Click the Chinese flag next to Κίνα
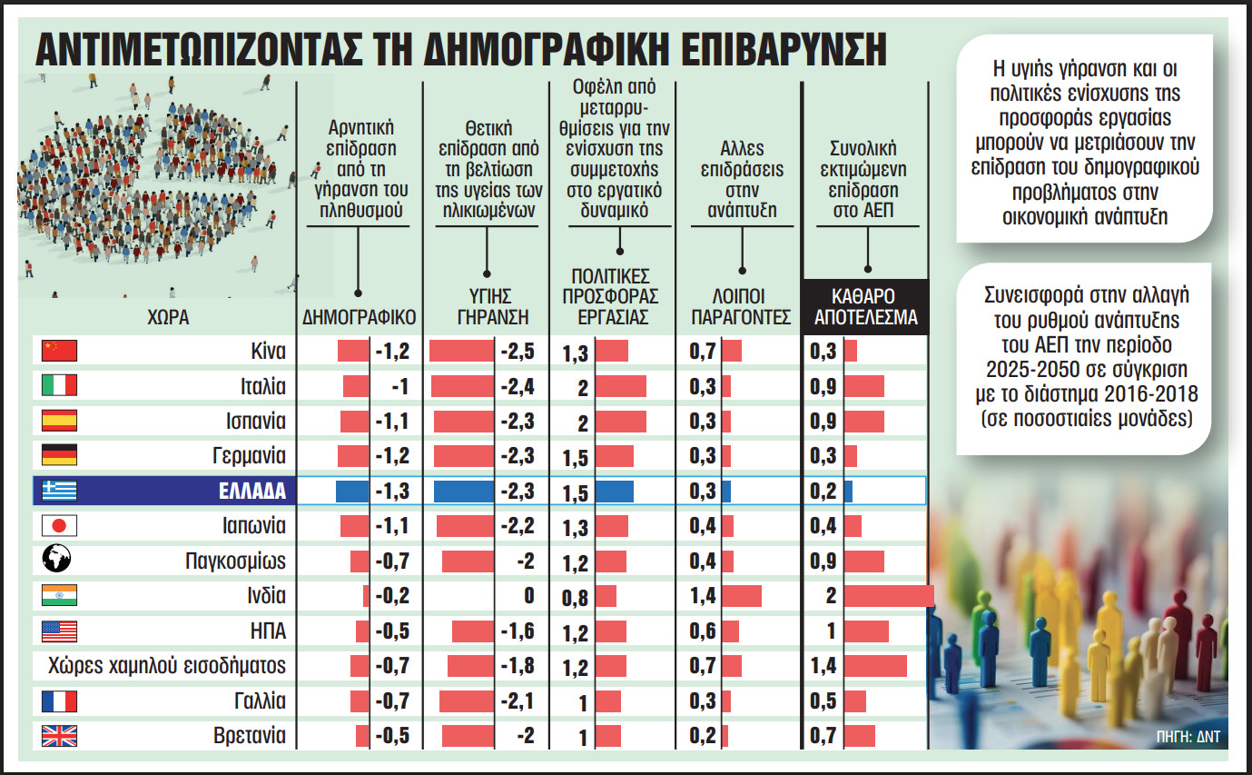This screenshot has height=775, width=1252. coord(60,351)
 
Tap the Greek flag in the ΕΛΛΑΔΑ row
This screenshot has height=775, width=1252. coord(60,491)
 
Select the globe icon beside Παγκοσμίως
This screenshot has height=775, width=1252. coord(60,561)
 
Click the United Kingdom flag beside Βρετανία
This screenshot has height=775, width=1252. coord(60,736)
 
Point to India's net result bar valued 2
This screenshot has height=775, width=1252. coord(888,596)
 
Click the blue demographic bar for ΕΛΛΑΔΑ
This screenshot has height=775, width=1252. coord(352,491)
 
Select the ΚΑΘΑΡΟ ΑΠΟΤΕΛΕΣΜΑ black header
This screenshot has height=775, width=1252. coord(865,308)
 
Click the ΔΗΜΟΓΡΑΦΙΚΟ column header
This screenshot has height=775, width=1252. coord(359,318)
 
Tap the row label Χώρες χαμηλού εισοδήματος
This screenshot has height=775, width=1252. coord(166,666)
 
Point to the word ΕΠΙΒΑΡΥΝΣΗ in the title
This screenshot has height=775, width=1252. coord(787,50)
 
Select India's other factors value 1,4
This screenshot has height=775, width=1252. coord(704,596)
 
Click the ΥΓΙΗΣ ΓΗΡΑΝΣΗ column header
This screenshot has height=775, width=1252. coord(488,308)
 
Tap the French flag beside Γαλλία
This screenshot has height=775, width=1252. coord(60,701)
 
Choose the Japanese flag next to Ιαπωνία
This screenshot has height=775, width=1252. coord(60,526)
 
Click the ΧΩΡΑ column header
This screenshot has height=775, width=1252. coord(166,318)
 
